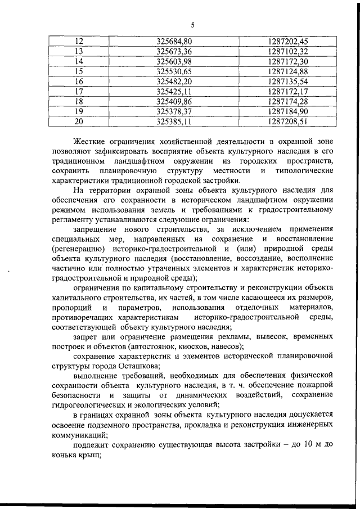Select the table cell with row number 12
[x=79, y=41]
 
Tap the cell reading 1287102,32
[x=288, y=51]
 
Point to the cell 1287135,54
[x=288, y=81]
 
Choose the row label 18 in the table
[x=79, y=101]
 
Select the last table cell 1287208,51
[x=288, y=121]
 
